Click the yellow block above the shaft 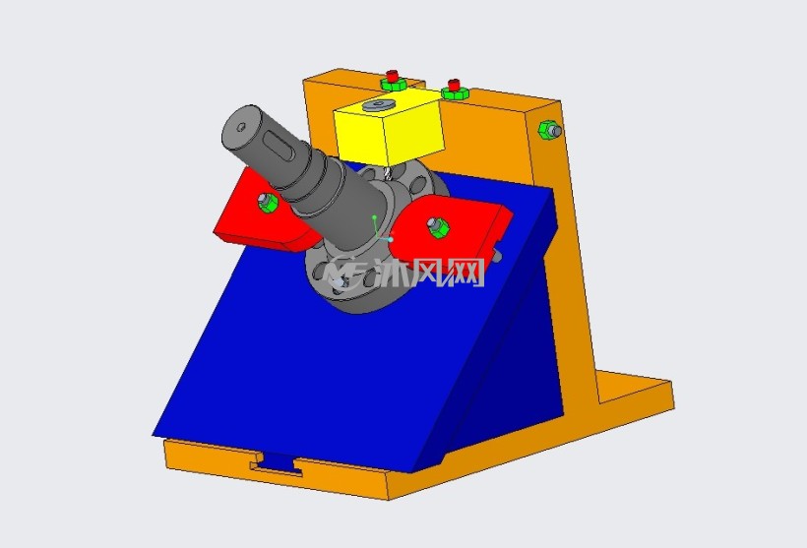[389, 129]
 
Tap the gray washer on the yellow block [378, 105]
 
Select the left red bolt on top [394, 76]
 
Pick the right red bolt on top [454, 85]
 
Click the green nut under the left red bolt [394, 85]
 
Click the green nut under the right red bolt [455, 93]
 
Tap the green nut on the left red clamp [268, 203]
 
